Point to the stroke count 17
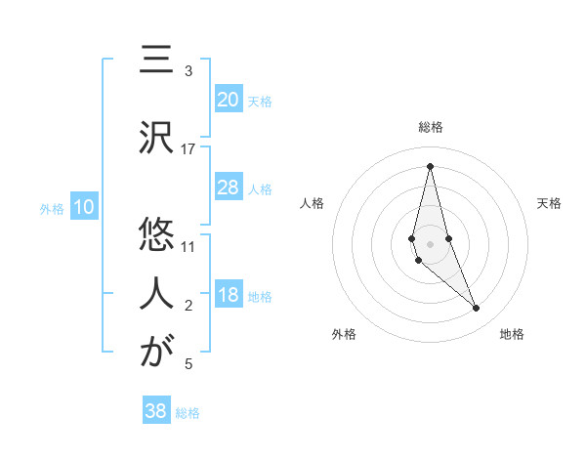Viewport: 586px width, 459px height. (x=188, y=149)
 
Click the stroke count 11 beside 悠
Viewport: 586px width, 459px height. (x=188, y=247)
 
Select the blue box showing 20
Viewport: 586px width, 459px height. (x=228, y=100)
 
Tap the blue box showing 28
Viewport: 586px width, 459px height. (x=228, y=188)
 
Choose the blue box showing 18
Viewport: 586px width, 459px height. (x=228, y=296)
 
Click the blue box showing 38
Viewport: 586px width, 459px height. (x=155, y=411)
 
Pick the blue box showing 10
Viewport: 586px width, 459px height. (x=83, y=207)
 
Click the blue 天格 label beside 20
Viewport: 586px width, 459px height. (x=260, y=101)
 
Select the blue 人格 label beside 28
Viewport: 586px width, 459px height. (x=260, y=188)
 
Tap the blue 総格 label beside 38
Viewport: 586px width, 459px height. (x=188, y=412)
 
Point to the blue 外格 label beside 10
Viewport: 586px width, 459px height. (x=51, y=208)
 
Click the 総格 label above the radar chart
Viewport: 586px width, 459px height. (x=431, y=127)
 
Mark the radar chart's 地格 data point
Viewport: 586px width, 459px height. (x=477, y=308)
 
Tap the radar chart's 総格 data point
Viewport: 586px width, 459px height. (x=430, y=165)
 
